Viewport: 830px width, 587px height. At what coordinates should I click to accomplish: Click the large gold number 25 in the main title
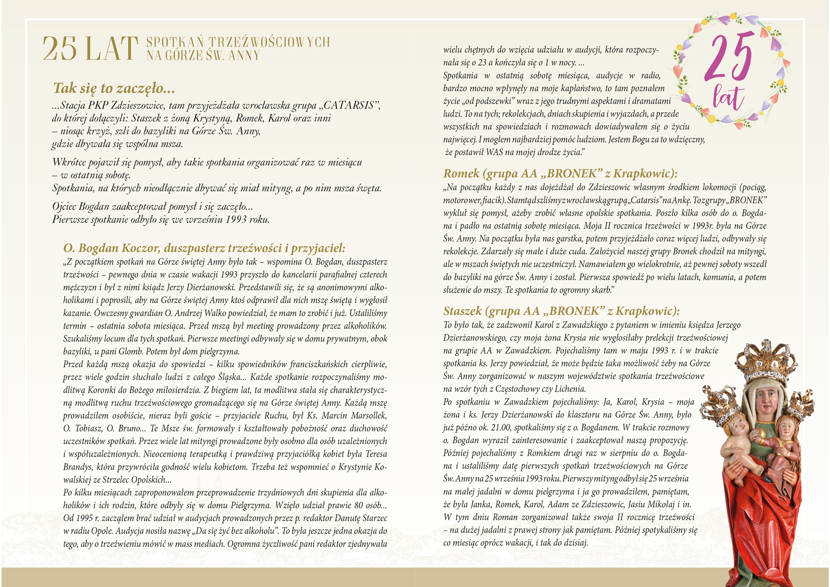click(60, 48)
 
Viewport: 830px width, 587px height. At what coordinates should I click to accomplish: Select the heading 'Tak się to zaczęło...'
click(114, 88)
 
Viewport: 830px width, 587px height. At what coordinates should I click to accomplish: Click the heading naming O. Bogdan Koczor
click(204, 248)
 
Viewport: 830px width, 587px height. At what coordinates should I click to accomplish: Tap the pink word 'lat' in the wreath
click(728, 97)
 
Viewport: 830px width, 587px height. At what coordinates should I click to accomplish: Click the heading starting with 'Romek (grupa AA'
click(560, 174)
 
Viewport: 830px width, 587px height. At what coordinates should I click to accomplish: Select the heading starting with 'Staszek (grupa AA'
click(561, 311)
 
